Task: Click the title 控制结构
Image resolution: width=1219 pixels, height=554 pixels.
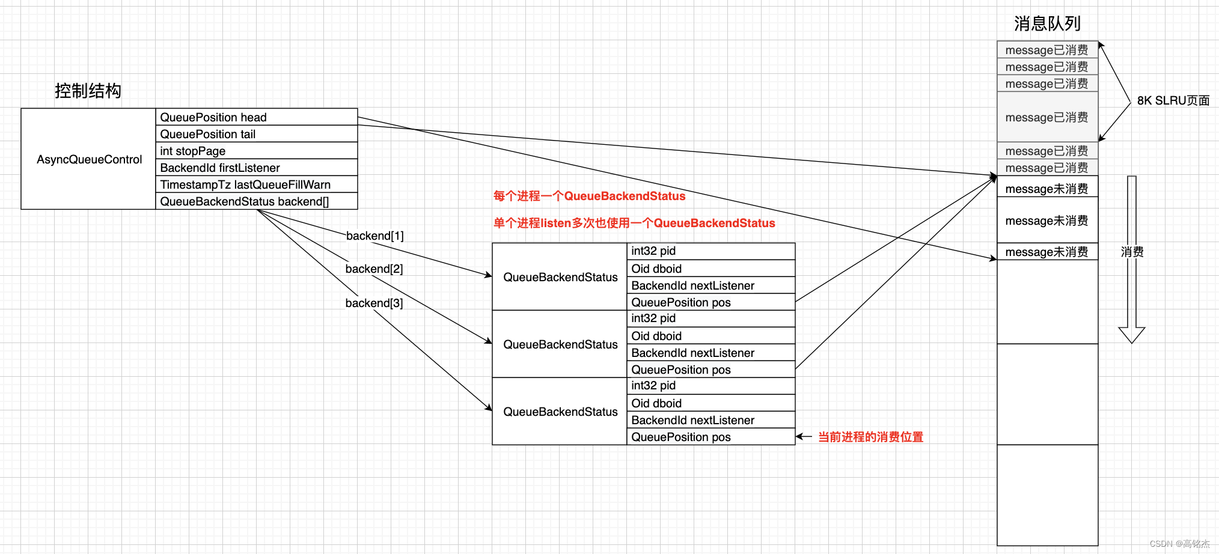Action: pos(88,91)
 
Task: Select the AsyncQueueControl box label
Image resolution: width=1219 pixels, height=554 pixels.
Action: pos(89,159)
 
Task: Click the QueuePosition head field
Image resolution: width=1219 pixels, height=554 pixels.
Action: pos(213,117)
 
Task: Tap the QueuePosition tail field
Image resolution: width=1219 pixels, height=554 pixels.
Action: pos(207,134)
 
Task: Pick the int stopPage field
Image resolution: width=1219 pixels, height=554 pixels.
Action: pos(192,151)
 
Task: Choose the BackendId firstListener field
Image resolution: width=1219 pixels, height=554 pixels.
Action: pos(219,168)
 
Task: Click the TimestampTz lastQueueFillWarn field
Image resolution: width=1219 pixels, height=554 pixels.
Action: pos(245,184)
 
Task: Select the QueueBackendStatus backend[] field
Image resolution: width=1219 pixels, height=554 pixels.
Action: pos(244,201)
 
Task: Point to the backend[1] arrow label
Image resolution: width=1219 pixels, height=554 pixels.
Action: pos(374,236)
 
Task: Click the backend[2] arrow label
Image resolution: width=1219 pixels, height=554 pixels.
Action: pos(374,269)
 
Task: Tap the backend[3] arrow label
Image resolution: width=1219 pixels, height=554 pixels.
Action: pos(374,303)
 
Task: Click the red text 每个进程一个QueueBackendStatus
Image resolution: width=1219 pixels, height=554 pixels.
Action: pos(589,196)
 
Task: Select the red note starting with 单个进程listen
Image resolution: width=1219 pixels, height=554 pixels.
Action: pos(634,223)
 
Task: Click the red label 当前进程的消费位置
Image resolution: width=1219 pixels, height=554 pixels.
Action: pos(870,437)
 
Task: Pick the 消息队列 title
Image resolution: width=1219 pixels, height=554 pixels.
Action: pos(1046,23)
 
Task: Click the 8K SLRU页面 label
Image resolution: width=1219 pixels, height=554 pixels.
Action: pos(1173,100)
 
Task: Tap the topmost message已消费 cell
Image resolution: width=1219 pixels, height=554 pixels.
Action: pos(1046,50)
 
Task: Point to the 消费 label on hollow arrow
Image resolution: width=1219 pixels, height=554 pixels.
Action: pos(1132,252)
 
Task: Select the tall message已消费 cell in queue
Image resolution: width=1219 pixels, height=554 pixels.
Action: pos(1046,117)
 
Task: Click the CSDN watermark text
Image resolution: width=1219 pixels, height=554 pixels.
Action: pos(1179,543)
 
